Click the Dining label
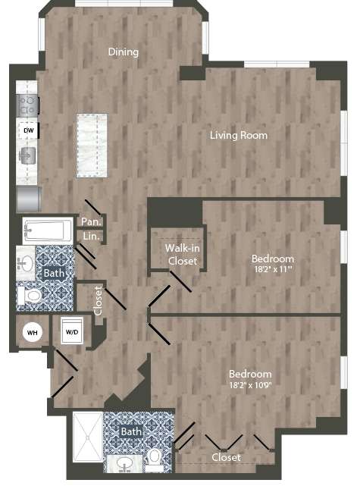[x=124, y=52]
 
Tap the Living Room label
[x=239, y=136]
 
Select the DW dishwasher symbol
[x=28, y=130]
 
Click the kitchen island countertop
[x=91, y=146]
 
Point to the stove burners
[x=27, y=102]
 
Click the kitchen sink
[x=27, y=156]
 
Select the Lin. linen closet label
[x=91, y=237]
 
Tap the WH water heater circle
[x=32, y=331]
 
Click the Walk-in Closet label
[x=183, y=254]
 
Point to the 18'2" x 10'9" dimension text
[x=251, y=387]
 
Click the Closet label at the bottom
[x=226, y=457]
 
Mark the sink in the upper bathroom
[x=25, y=262]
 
